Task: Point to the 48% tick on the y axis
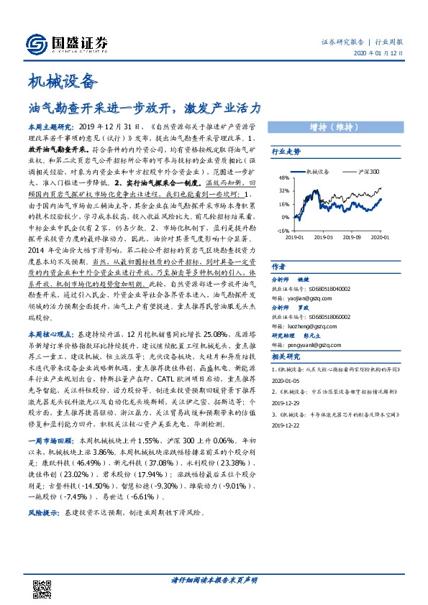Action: tap(283, 177)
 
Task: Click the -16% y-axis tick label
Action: tap(283, 231)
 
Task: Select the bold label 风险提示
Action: tap(42, 514)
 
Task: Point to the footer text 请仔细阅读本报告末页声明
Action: tap(214, 579)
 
